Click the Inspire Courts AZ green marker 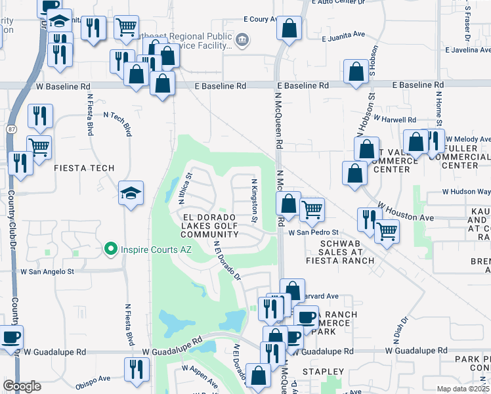pos(111,250)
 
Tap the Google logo pos(22,386)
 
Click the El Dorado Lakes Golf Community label pos(205,225)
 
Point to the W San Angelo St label pos(47,271)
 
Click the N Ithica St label pos(186,189)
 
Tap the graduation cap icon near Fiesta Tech pos(130,192)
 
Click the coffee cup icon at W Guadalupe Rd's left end pos(11,338)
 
